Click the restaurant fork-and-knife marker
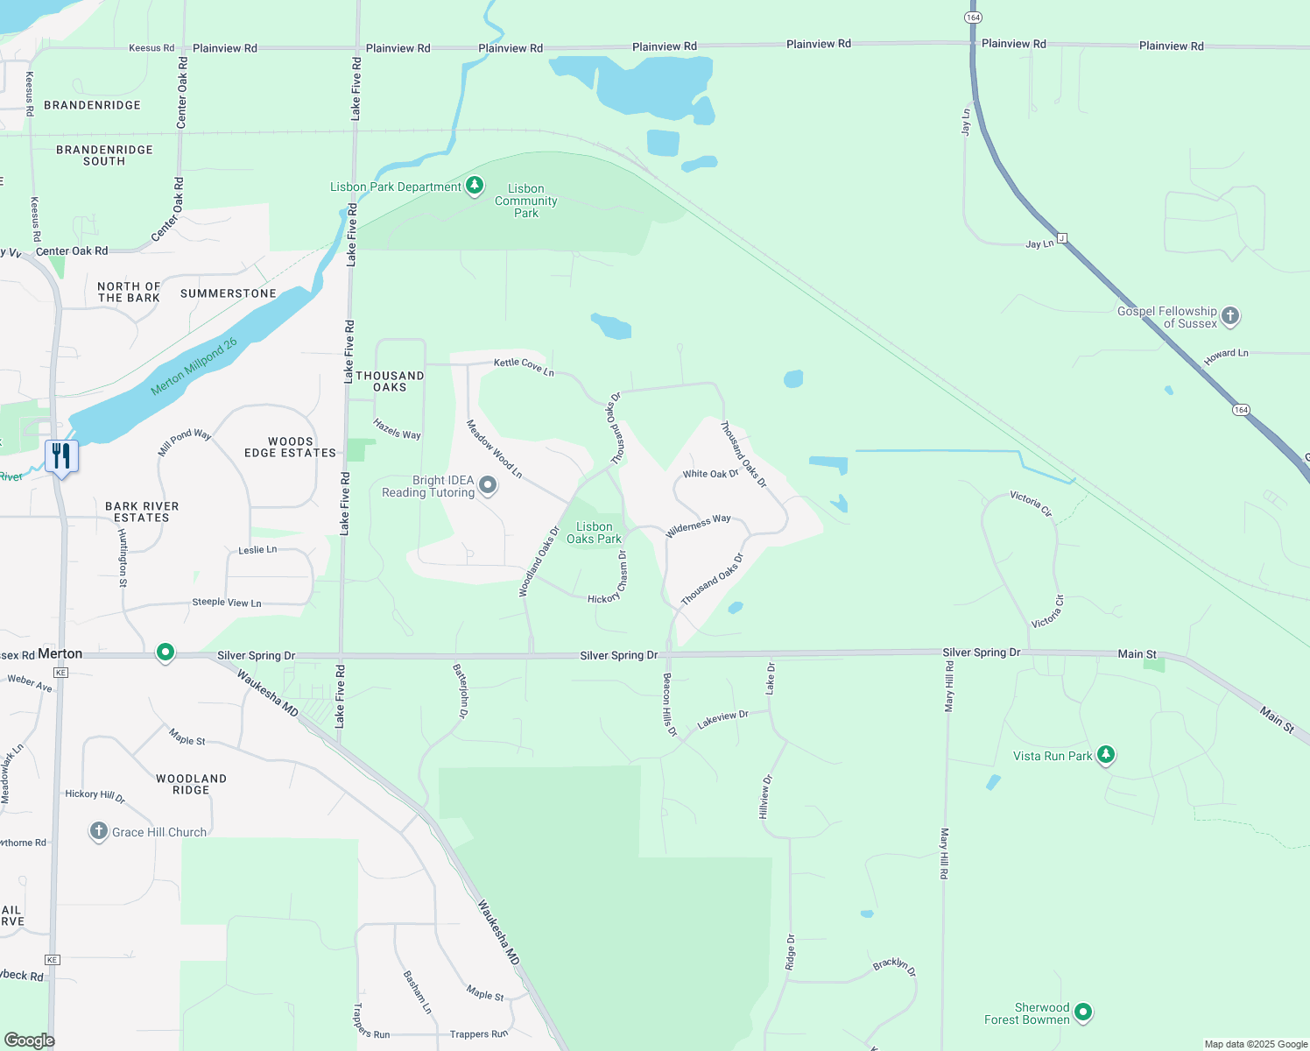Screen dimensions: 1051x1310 [61, 456]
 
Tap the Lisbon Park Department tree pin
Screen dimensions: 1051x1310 [475, 186]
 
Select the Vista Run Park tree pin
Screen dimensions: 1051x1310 [1106, 755]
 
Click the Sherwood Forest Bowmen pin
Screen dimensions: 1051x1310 [1083, 1012]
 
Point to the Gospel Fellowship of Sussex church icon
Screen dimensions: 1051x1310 [1230, 316]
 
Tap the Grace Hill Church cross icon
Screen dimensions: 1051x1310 [99, 831]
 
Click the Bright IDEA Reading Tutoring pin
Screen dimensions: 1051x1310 [488, 485]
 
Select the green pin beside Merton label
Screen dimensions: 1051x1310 [166, 652]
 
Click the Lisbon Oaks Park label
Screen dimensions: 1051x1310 [594, 533]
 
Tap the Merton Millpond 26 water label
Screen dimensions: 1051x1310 [194, 367]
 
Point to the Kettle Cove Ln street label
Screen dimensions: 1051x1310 [524, 367]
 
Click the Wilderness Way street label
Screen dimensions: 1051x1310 [698, 525]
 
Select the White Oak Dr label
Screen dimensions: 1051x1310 [710, 474]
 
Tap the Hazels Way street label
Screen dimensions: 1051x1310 [397, 429]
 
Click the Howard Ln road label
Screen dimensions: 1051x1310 [1226, 356]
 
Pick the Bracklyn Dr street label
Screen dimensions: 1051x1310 [894, 966]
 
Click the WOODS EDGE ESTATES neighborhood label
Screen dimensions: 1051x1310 [290, 448]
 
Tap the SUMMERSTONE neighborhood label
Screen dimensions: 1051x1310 [229, 293]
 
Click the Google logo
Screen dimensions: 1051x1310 [30, 1040]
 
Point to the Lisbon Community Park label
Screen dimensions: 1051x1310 [525, 201]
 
